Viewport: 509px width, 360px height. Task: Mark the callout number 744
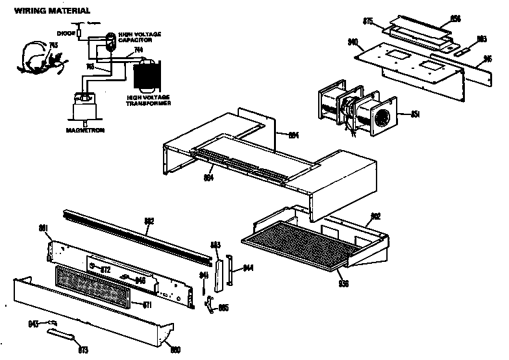point(138,51)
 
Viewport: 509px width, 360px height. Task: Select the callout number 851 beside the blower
point(416,115)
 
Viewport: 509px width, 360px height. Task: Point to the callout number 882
point(149,221)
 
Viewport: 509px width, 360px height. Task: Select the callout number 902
point(375,216)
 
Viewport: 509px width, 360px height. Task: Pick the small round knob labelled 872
point(95,266)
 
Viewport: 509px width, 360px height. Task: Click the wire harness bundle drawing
point(38,57)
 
